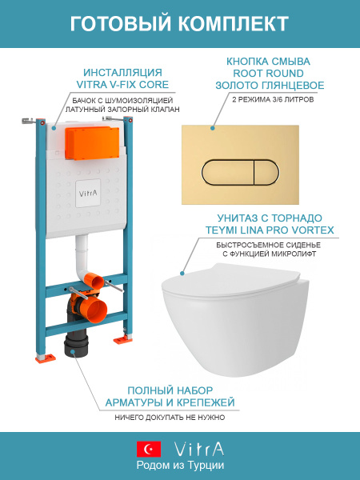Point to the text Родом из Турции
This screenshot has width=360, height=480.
180,465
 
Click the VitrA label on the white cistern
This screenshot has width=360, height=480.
89,193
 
